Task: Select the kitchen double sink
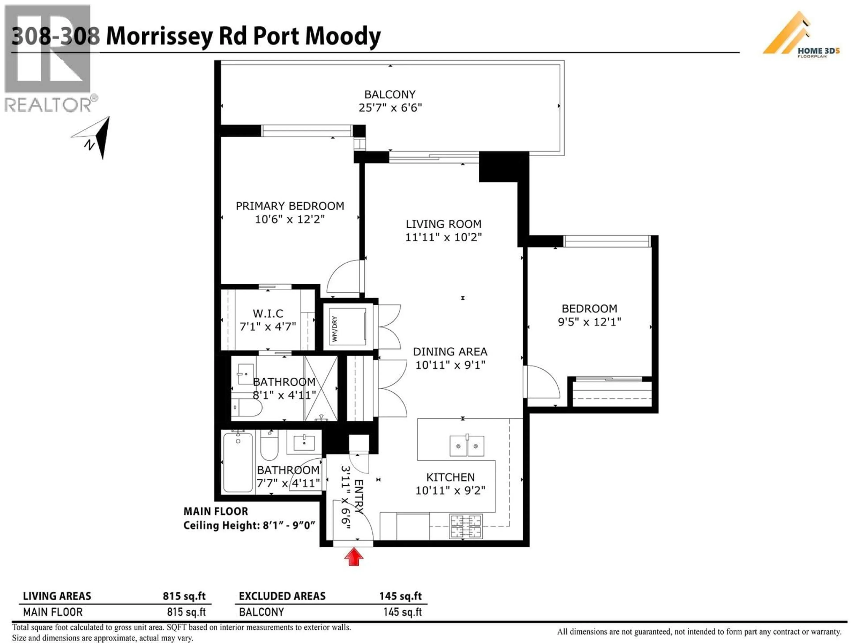(x=466, y=446)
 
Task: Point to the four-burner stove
(x=466, y=526)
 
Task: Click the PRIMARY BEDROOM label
(x=290, y=206)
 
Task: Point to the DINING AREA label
(x=450, y=352)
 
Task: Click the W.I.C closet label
(x=268, y=313)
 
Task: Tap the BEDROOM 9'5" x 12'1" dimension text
(x=589, y=322)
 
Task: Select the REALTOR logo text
(x=48, y=105)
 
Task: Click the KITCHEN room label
(x=450, y=477)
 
